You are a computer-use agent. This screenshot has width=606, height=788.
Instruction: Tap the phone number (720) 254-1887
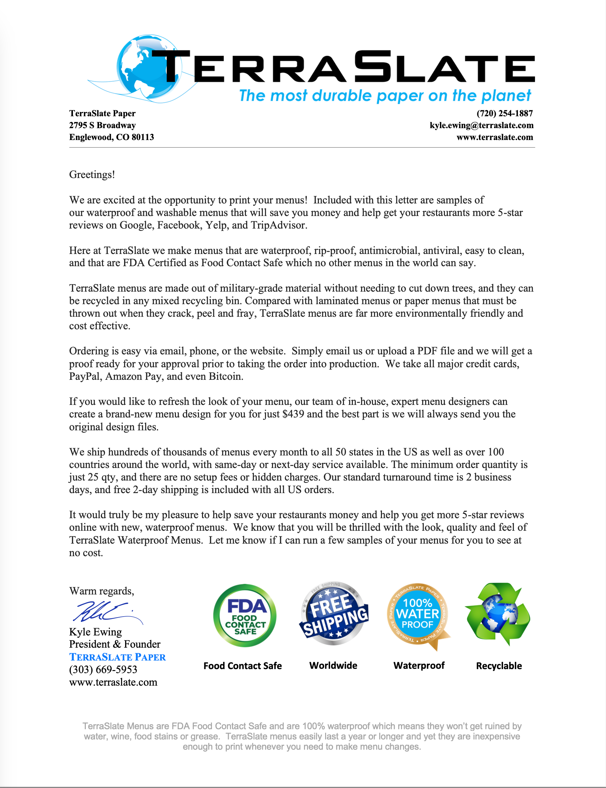tap(504, 113)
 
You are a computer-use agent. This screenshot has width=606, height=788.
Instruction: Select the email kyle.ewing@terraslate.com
tap(481, 125)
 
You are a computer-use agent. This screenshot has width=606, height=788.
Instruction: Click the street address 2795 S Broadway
tap(102, 125)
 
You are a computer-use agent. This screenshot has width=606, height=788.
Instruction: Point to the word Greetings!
tap(92, 175)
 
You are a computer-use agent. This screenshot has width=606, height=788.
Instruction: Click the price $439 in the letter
tap(293, 414)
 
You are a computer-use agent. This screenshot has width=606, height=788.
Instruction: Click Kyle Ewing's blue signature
tap(105, 612)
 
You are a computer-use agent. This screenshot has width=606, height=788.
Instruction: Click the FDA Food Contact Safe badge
tap(245, 616)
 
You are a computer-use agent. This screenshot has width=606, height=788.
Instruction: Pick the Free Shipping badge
tap(333, 613)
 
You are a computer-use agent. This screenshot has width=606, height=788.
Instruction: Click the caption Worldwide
tap(333, 665)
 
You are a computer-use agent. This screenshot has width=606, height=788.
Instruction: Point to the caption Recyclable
tap(499, 666)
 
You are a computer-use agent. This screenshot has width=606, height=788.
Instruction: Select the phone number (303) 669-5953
tap(103, 670)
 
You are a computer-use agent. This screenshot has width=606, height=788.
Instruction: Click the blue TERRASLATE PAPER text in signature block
tap(118, 657)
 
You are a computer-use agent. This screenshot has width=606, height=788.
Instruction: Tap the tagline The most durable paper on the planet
tap(385, 96)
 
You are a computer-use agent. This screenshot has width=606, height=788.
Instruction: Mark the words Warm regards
tap(101, 591)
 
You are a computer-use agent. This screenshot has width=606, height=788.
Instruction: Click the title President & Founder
tap(115, 644)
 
